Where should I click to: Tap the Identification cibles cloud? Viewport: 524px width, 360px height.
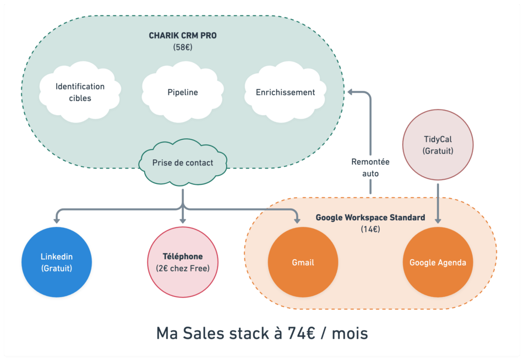(x=80, y=92)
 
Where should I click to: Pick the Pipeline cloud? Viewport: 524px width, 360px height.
(x=183, y=93)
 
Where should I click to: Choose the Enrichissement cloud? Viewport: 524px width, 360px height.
(x=285, y=93)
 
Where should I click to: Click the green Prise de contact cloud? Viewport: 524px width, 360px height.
(x=183, y=163)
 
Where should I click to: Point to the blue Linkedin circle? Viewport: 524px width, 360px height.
(x=56, y=262)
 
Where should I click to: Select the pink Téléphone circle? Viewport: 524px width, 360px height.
(x=183, y=262)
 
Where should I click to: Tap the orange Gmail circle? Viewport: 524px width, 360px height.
(x=303, y=262)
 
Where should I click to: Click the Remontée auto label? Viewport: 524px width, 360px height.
(x=370, y=167)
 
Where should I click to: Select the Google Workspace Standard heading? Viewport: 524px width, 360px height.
(x=370, y=218)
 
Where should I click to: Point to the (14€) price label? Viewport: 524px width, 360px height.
(x=370, y=229)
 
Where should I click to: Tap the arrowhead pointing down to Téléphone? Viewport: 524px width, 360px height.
(x=183, y=220)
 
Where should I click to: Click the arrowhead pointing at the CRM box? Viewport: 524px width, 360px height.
(x=352, y=92)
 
